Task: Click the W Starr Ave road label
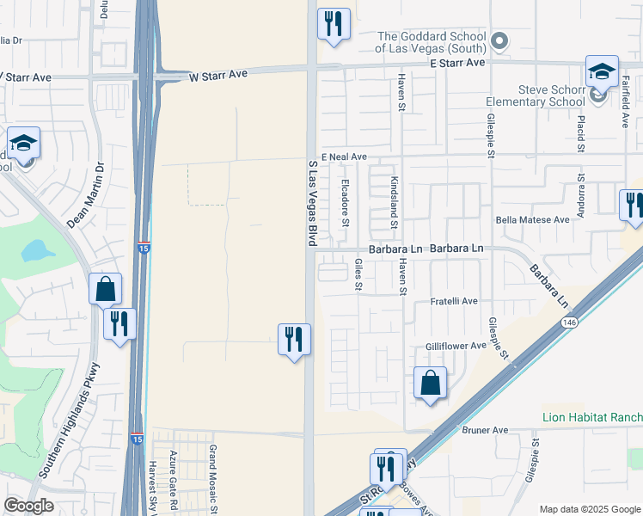click(218, 75)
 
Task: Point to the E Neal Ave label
click(344, 157)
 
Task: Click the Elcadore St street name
click(346, 202)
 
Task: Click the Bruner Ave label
click(485, 430)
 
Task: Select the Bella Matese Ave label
click(533, 220)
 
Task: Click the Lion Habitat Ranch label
click(592, 417)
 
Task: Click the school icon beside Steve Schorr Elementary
click(602, 73)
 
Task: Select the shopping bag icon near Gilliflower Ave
click(430, 383)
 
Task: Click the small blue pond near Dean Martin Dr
click(35, 251)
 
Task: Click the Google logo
click(28, 506)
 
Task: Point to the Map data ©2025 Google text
click(589, 509)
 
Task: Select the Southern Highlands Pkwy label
click(71, 419)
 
